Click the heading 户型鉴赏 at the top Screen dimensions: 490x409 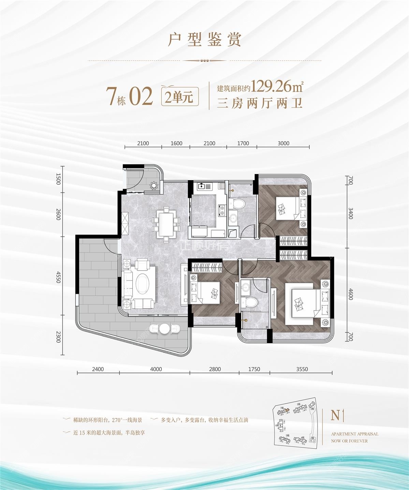tap(205, 40)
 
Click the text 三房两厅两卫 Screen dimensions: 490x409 tap(260, 103)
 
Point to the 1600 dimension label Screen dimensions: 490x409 tap(176, 143)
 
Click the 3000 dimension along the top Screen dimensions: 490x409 tap(283, 143)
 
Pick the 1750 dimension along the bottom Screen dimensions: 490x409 tap(254, 369)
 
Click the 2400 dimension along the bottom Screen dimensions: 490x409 tap(98, 369)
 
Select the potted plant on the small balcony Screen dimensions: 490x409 tap(154, 185)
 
